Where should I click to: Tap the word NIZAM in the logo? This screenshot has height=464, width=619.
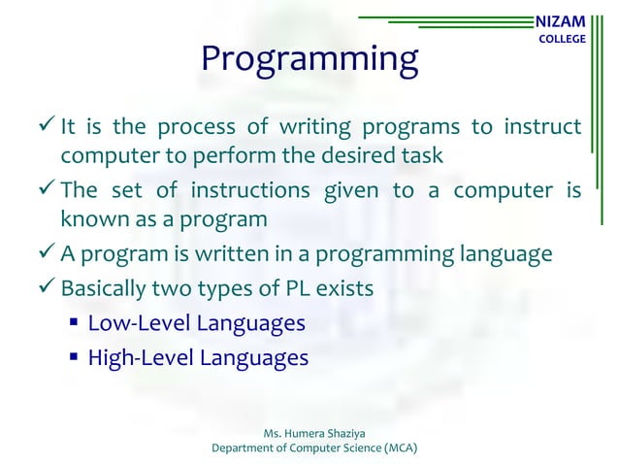coord(561,20)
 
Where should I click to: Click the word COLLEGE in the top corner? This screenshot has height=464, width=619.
coord(562,39)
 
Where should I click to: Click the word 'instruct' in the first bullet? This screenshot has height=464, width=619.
coord(543,128)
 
